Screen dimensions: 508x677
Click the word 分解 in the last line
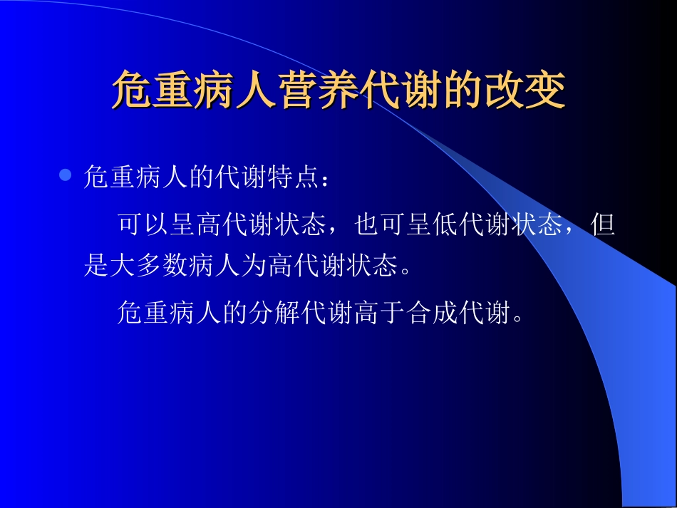264,313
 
